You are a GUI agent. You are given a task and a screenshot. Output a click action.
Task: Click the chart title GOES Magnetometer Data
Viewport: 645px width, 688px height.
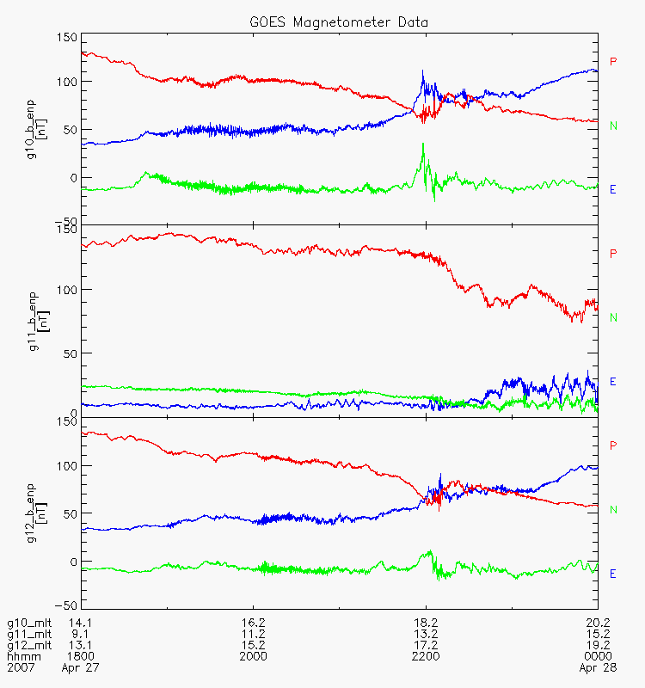(339, 22)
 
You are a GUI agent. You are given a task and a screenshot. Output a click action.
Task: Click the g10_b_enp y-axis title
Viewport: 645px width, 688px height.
(36, 130)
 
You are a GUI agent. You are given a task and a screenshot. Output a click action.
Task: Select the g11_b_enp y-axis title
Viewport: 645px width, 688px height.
(39, 322)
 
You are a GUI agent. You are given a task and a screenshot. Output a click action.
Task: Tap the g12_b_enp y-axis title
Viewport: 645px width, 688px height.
(36, 513)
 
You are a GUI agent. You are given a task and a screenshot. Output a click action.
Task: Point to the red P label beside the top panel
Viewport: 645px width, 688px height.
(613, 61)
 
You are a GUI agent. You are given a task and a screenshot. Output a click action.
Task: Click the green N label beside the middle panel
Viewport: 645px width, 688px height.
(613, 317)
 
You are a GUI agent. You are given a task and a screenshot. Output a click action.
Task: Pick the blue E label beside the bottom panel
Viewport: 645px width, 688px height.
(613, 574)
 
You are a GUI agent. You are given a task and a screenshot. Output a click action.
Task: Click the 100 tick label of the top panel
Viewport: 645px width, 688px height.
(67, 82)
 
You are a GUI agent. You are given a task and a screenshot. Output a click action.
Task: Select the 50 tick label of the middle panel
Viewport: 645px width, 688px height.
(71, 353)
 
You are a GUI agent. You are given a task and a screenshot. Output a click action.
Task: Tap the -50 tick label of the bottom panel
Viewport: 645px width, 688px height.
(66, 605)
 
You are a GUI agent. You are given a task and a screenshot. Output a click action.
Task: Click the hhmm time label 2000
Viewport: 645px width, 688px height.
(253, 656)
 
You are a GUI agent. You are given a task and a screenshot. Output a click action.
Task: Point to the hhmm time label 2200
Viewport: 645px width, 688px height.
(426, 656)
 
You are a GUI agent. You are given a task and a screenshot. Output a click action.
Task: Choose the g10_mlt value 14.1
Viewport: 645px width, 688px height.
(80, 623)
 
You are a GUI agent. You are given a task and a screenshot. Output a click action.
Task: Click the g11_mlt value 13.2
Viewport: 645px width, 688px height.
(426, 634)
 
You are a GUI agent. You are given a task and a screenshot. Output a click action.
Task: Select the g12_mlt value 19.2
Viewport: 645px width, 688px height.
(598, 645)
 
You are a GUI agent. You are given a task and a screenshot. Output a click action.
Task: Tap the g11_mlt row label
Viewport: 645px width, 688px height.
(29, 635)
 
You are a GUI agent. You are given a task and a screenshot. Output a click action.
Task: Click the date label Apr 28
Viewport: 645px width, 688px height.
(598, 668)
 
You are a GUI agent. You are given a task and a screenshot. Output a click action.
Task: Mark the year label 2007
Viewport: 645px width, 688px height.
(21, 667)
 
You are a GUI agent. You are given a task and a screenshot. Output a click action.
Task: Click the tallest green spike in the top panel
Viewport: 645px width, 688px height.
(423, 144)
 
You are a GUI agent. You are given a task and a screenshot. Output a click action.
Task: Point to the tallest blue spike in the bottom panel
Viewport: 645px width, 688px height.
(440, 475)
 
